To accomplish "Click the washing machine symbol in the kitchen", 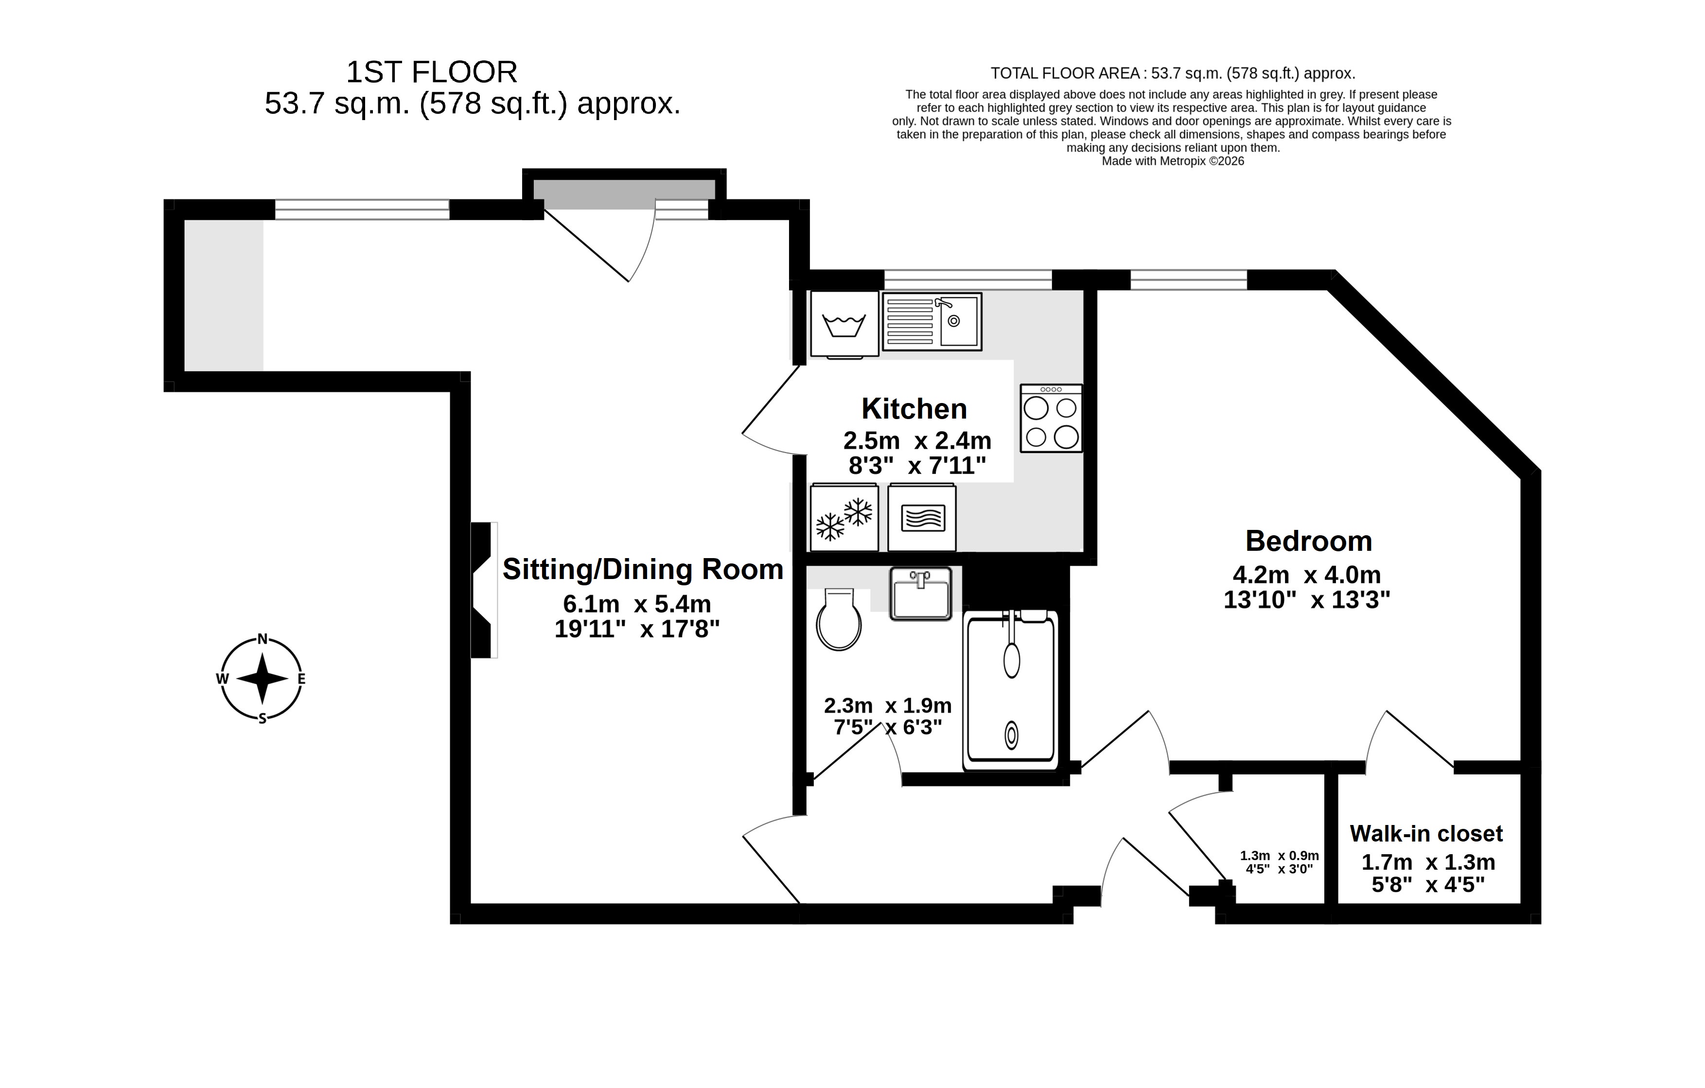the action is pos(844,324).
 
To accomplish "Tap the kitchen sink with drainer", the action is pos(932,321).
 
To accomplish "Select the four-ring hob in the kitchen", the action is pos(1051,419).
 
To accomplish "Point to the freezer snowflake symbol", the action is pos(844,517).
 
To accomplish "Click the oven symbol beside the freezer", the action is pos(922,517).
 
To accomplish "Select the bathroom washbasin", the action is pos(920,594).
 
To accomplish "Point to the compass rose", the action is pos(262,679).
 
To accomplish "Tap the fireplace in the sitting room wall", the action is pos(484,590).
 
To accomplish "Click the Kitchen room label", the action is pos(914,409).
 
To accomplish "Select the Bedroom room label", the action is pos(1308,542).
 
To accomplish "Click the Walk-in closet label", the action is pos(1426,834).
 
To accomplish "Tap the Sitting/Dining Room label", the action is pos(643,570).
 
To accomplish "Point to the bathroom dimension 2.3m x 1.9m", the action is pos(887,706).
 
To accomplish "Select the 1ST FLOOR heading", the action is pos(431,72).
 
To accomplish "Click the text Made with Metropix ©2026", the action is pos(1173,161).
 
